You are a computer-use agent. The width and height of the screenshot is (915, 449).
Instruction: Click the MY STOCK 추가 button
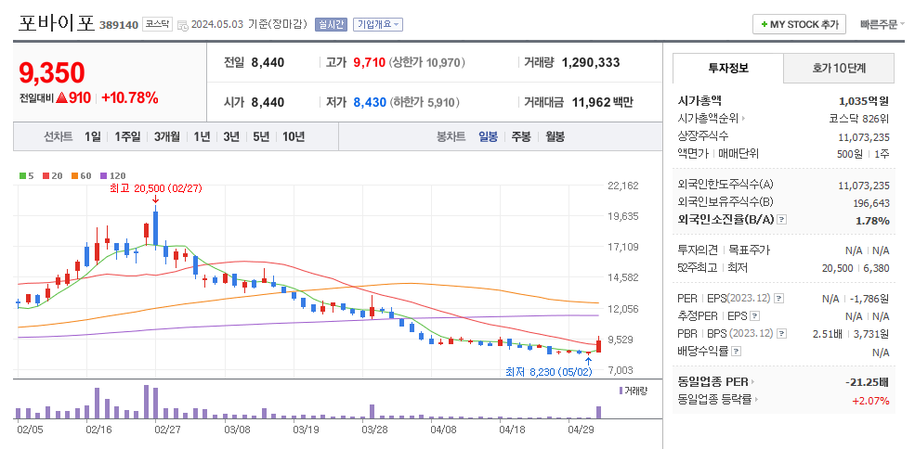coord(799,24)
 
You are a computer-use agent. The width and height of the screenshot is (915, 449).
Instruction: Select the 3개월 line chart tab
coord(167,136)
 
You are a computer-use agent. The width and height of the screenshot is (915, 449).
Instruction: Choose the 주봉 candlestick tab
coord(521,136)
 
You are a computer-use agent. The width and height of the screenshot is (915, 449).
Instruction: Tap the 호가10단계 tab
coord(839,68)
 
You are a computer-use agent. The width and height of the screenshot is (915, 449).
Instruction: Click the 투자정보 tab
coord(728,68)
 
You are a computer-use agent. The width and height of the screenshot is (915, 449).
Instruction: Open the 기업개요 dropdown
coord(378,25)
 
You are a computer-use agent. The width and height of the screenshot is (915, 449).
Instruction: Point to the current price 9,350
coord(52,73)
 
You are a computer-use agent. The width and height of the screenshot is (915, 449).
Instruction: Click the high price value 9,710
coord(369,63)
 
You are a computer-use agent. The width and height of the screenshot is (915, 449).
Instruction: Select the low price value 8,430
coord(369,102)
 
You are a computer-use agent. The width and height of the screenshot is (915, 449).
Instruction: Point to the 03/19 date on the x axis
coord(306,430)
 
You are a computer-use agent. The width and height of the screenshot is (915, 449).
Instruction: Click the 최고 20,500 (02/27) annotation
coord(155,187)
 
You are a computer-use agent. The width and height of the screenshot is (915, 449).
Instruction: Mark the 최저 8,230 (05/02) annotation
coord(548,371)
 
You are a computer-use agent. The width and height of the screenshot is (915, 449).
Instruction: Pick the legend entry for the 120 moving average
coord(114,175)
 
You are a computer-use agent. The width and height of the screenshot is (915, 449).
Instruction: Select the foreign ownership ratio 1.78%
coord(871,220)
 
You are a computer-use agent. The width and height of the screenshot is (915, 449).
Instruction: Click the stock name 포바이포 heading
coord(56,23)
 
